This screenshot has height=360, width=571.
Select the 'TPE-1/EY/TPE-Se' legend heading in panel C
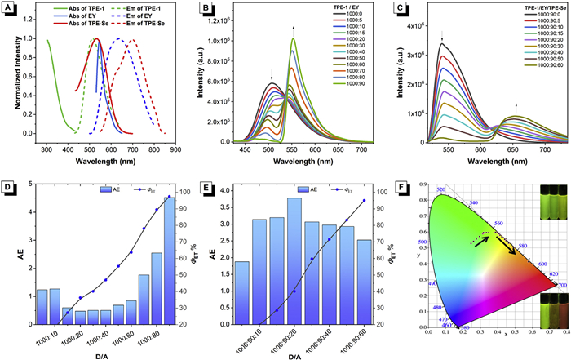(511, 11)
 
